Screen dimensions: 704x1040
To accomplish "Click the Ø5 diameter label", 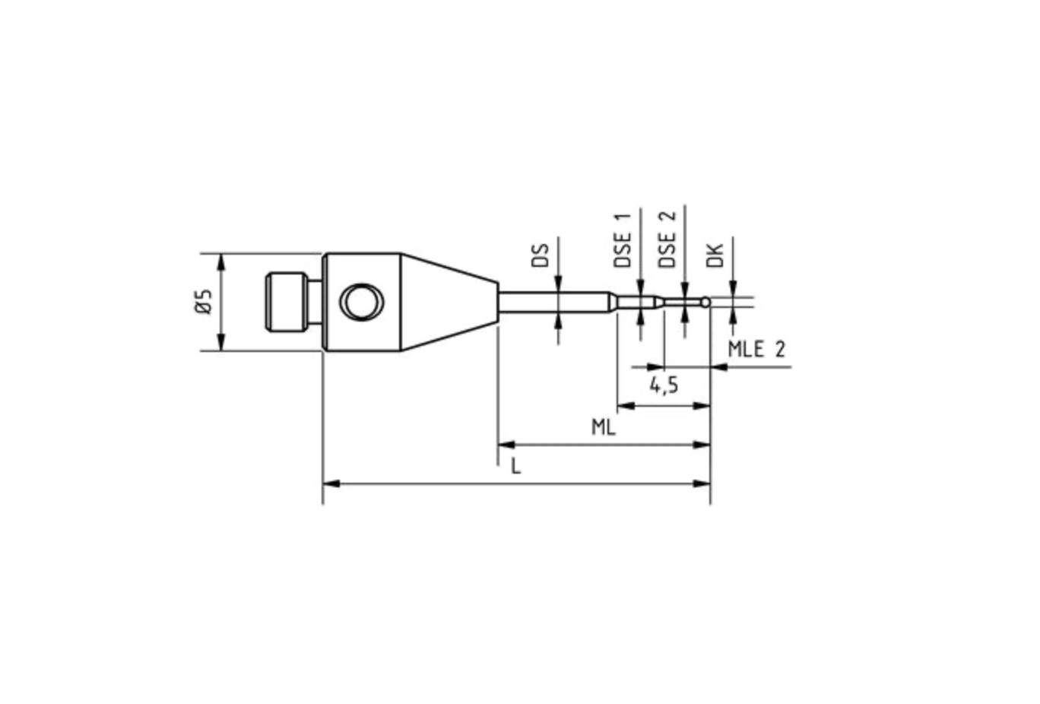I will (x=202, y=302).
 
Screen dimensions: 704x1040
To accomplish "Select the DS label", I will (x=540, y=255).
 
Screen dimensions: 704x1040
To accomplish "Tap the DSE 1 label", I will (x=623, y=239).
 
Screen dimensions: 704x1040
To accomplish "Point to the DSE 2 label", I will (x=667, y=239).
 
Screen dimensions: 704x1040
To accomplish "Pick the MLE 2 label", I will (x=756, y=350).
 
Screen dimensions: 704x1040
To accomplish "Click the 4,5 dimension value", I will (x=664, y=385).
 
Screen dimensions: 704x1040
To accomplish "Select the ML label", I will (x=604, y=427).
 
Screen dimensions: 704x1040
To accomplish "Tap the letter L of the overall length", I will (x=516, y=466).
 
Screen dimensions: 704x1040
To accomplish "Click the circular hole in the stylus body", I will (x=362, y=302).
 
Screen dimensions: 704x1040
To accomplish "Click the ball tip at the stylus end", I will (x=706, y=303).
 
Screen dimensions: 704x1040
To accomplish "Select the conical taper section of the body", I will (x=449, y=302).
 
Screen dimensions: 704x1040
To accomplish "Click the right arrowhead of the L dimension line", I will (x=702, y=484).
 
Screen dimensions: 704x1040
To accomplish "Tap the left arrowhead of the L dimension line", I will (x=331, y=484).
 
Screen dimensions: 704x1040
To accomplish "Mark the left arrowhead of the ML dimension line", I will (x=506, y=445).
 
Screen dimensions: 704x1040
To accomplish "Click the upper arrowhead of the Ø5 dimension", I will (x=221, y=262).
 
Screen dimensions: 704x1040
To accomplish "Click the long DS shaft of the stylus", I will (x=555, y=302).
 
